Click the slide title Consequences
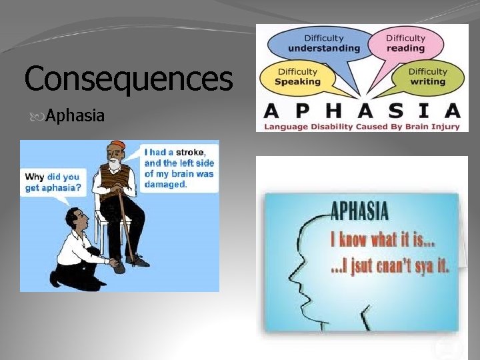pyautogui.click(x=128, y=78)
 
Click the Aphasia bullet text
pyautogui.click(x=75, y=116)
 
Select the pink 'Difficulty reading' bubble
pyautogui.click(x=405, y=43)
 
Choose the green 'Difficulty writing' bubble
pyautogui.click(x=427, y=77)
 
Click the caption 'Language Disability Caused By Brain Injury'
pyautogui.click(x=362, y=126)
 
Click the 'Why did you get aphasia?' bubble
pyautogui.click(x=53, y=182)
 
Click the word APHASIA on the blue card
pyautogui.click(x=359, y=212)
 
